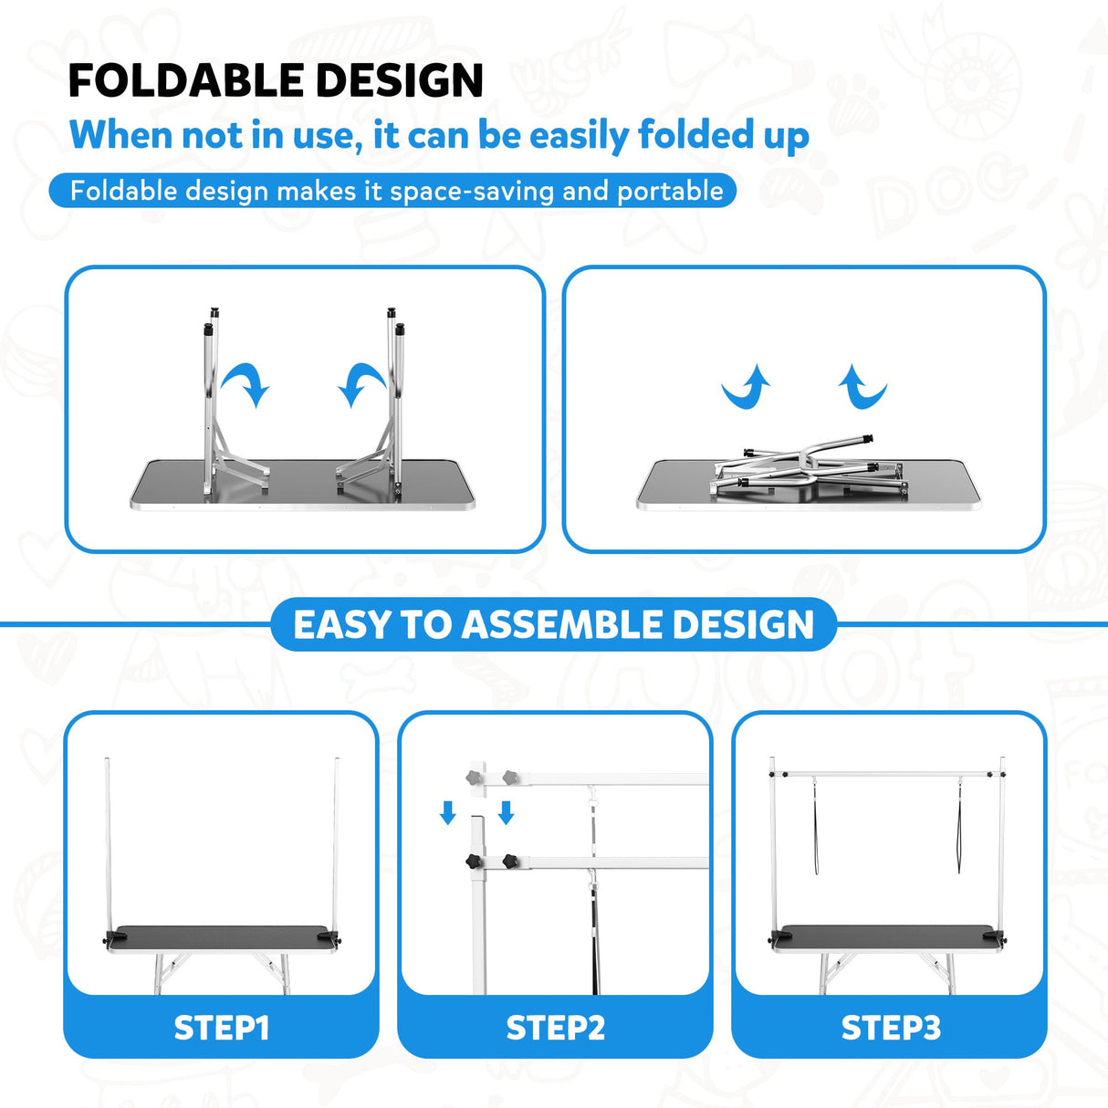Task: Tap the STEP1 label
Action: pyautogui.click(x=222, y=1028)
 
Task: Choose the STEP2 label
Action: pyautogui.click(x=555, y=1028)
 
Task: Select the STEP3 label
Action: pyautogui.click(x=890, y=1028)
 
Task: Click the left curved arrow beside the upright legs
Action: pyautogui.click(x=246, y=383)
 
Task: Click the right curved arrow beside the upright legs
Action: pyautogui.click(x=361, y=384)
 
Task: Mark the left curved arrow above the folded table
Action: pyautogui.click(x=747, y=388)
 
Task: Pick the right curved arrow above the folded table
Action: pyautogui.click(x=862, y=388)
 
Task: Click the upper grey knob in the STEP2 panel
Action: pyautogui.click(x=474, y=778)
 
